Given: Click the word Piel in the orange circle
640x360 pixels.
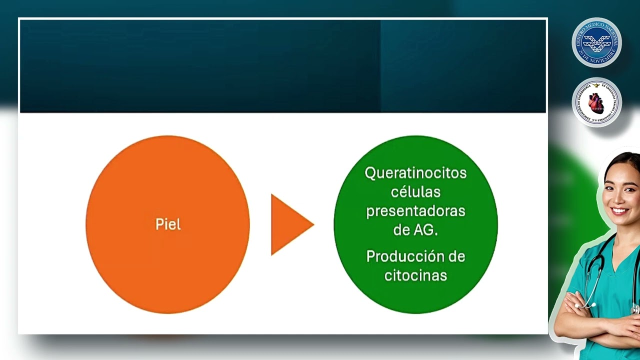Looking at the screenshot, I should pyautogui.click(x=168, y=224).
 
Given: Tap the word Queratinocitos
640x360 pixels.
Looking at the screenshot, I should pyautogui.click(x=415, y=173).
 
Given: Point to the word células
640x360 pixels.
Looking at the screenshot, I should pyautogui.click(x=415, y=192).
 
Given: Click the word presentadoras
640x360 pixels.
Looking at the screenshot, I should pyautogui.click(x=415, y=211).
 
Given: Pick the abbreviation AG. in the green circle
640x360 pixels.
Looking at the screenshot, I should pyautogui.click(x=425, y=230).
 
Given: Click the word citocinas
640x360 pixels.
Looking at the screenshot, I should pyautogui.click(x=415, y=275).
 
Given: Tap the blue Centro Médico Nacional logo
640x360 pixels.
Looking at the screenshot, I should pyautogui.click(x=596, y=42).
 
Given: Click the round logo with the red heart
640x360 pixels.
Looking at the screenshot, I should pyautogui.click(x=596, y=102).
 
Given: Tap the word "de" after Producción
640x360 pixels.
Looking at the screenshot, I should pyautogui.click(x=456, y=256).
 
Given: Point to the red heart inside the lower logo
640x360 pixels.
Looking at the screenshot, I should pyautogui.click(x=596, y=102).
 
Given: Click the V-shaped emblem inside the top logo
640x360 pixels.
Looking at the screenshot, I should pyautogui.click(x=596, y=42).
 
